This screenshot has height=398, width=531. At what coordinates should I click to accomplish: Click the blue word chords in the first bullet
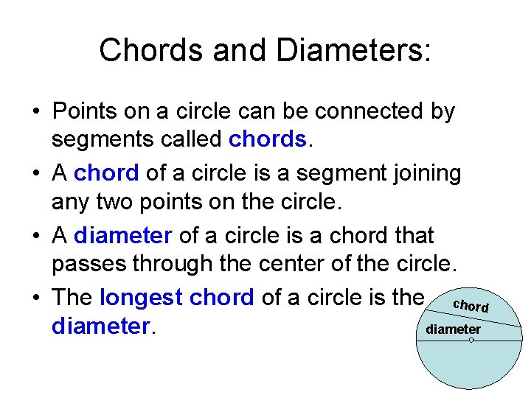click(268, 139)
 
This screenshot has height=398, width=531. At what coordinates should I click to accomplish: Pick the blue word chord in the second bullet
click(106, 173)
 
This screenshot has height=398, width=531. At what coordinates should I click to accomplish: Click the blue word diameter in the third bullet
click(123, 235)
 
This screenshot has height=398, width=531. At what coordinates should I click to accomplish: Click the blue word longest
click(140, 297)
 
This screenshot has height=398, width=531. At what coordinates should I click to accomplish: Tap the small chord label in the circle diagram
click(471, 305)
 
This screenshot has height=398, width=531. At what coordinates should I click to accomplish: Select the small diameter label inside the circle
click(454, 329)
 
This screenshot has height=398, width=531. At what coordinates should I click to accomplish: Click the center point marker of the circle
click(471, 341)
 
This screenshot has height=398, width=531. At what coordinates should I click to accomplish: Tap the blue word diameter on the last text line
click(100, 326)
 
